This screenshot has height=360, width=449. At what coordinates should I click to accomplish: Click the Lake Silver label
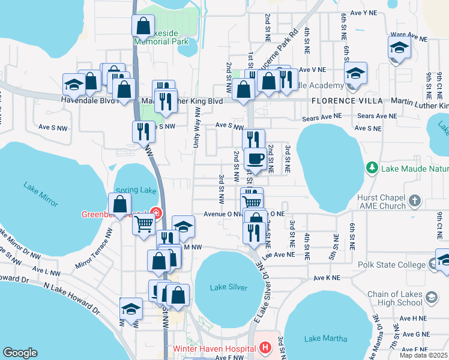coord(229,287)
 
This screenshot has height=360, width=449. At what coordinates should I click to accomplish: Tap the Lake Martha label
coord(325,338)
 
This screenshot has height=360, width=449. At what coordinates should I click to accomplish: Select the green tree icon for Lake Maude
coord(372,167)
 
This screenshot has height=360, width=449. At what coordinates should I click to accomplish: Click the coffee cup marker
coord(256,159)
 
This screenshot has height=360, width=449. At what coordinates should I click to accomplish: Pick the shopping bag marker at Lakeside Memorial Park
coord(143,26)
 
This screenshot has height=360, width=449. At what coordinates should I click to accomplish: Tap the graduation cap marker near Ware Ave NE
coord(399,47)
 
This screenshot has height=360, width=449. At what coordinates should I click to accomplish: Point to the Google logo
coord(20,353)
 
